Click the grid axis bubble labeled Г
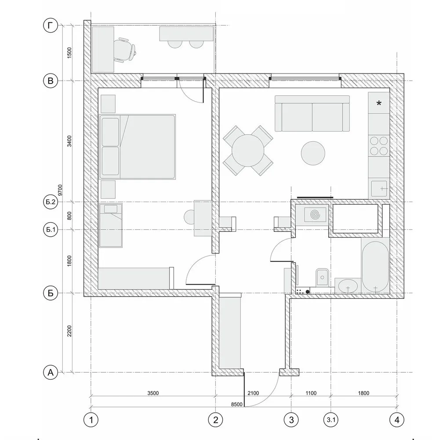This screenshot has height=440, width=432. pyautogui.click(x=51, y=26)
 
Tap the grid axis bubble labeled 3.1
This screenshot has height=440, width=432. pyautogui.click(x=330, y=419)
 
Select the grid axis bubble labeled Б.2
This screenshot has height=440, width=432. pyautogui.click(x=51, y=202)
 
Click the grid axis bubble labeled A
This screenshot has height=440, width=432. pyautogui.click(x=51, y=373)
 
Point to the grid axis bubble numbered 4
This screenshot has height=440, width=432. pyautogui.click(x=397, y=419)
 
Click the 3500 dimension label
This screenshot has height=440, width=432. pyautogui.click(x=152, y=393)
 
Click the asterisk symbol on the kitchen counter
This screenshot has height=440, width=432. pyautogui.click(x=379, y=104)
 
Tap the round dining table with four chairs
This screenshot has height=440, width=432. pyautogui.click(x=247, y=150)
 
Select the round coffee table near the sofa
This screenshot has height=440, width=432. pyautogui.click(x=313, y=153)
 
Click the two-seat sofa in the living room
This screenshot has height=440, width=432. pyautogui.click(x=312, y=114)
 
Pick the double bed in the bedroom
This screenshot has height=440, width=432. pyautogui.click(x=137, y=147)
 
